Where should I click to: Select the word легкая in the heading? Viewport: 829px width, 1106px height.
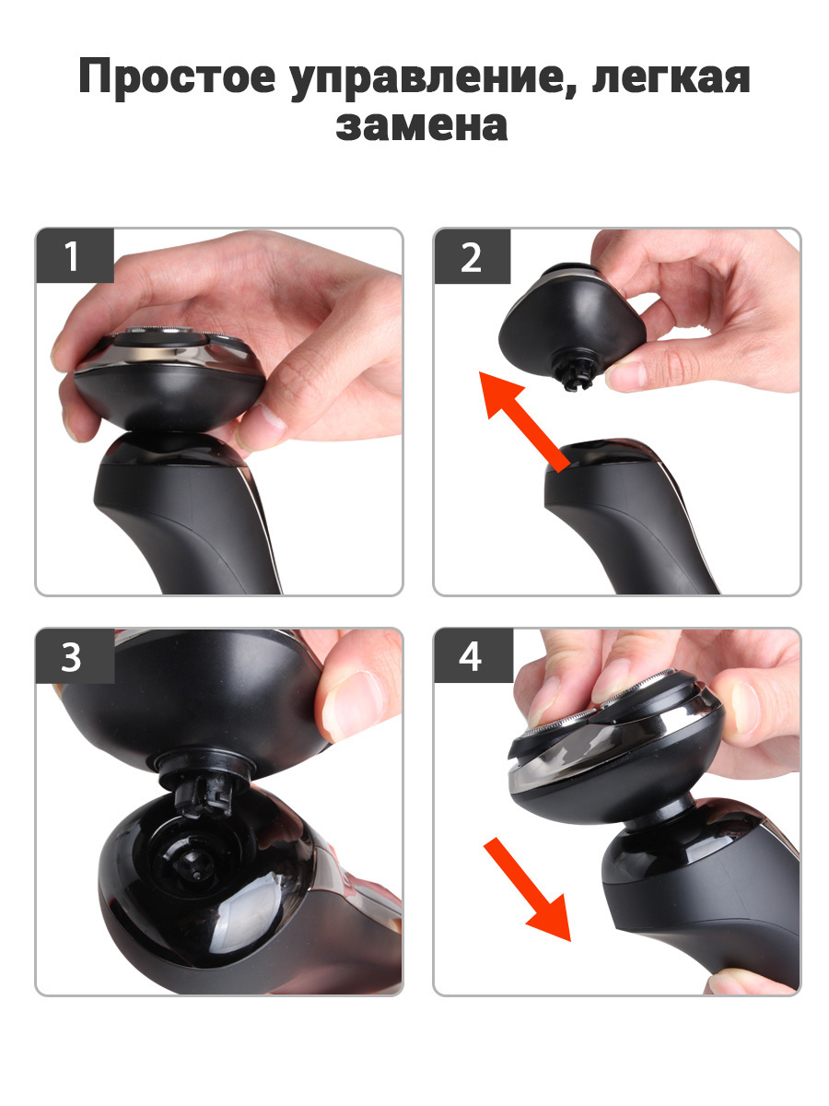671,79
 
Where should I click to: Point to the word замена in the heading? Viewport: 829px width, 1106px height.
422,126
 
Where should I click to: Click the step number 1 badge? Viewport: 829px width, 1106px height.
75,255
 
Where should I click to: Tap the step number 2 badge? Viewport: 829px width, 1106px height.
473,256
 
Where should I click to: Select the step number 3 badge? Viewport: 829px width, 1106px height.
75,656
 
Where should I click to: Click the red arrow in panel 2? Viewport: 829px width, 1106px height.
523,421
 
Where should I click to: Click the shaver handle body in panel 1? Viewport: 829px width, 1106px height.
192,514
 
